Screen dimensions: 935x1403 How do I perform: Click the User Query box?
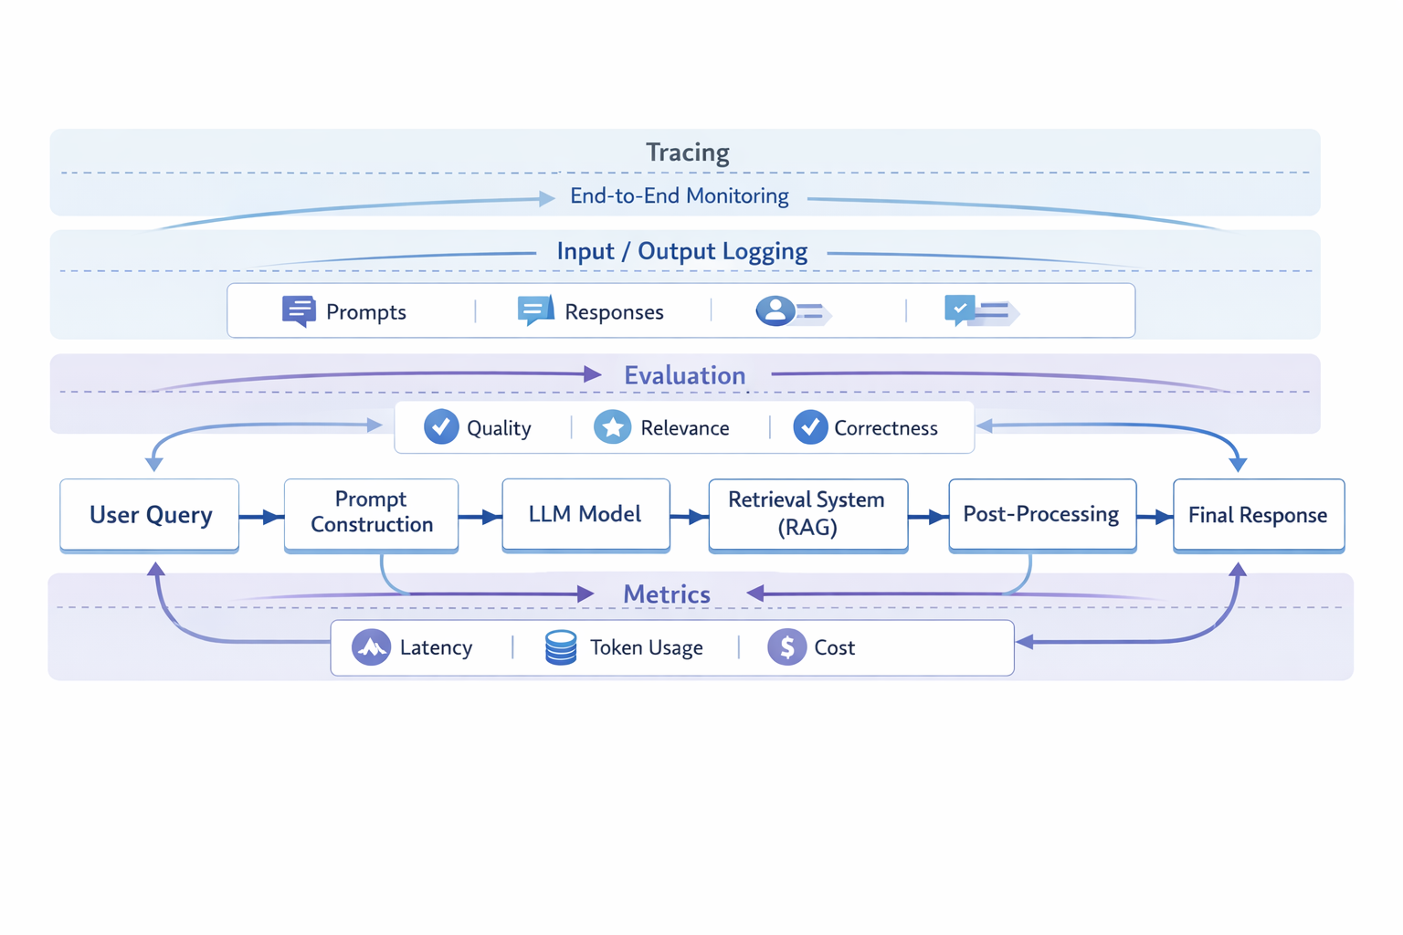[150, 515]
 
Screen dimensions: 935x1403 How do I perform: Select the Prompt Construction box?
[371, 513]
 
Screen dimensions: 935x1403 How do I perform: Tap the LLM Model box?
[585, 514]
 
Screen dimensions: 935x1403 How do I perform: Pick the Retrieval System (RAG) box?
[807, 514]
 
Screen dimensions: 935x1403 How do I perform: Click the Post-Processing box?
[1041, 514]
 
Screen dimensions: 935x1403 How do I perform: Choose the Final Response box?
[1258, 515]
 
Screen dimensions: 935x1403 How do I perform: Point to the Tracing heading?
[687, 152]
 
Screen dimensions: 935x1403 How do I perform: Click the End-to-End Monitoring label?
[679, 196]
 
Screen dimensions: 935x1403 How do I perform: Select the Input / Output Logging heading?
[681, 252]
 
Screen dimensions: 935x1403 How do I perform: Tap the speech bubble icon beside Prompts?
[299, 311]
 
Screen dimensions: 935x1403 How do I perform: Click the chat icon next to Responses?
[535, 310]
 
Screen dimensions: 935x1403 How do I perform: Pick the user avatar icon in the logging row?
[775, 310]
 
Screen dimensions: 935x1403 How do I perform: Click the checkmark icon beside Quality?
[441, 427]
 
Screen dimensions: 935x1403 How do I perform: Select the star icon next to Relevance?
[612, 427]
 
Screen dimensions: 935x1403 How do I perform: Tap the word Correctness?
[885, 428]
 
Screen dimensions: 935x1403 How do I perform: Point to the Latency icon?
[371, 647]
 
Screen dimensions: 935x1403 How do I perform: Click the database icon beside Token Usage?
[561, 647]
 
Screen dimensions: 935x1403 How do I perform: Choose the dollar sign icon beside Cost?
[786, 647]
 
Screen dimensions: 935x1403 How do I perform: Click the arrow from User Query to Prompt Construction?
[261, 518]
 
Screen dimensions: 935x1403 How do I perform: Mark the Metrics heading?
[666, 594]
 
